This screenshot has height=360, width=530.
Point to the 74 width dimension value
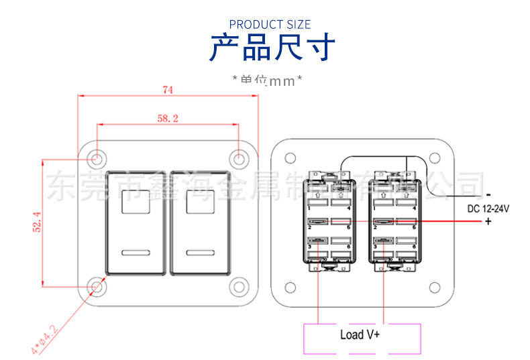[x=168, y=89]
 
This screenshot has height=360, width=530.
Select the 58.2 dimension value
[x=168, y=118]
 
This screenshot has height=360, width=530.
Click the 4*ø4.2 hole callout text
[x=46, y=337]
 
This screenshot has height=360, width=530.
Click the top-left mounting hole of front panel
[x=97, y=159]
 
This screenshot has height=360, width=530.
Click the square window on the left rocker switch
[x=137, y=201]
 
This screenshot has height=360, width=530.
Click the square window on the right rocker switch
[x=201, y=201]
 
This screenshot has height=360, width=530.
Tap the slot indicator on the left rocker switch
[x=137, y=253]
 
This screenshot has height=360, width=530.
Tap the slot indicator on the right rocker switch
[x=201, y=253]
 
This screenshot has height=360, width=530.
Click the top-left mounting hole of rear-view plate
[x=290, y=159]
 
